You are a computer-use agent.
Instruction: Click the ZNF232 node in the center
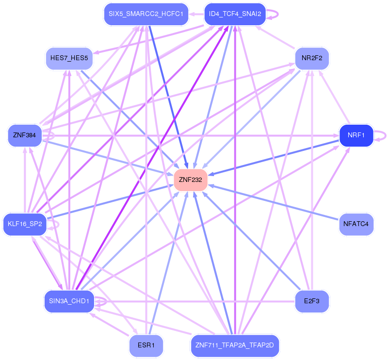[x=190, y=180]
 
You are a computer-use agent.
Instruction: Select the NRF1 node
[x=356, y=135]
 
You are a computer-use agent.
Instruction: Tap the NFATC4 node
[x=356, y=224]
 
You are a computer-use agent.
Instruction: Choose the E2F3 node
[x=312, y=301]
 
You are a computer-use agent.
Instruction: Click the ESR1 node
[x=146, y=345]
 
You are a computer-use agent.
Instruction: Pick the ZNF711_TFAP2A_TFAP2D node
[x=235, y=345]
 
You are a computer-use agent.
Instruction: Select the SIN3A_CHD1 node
[x=69, y=301]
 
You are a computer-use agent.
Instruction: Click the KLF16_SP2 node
[x=25, y=224]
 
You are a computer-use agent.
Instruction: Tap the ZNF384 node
[x=25, y=135]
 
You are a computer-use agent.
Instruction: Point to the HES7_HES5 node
[x=69, y=58]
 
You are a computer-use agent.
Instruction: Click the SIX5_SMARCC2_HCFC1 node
[x=146, y=14]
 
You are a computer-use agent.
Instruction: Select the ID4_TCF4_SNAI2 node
[x=235, y=14]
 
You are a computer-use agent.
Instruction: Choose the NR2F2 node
[x=312, y=58]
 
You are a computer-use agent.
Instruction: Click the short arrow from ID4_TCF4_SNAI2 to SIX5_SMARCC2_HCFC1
[x=196, y=14]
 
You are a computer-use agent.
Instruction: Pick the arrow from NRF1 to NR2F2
[x=334, y=97]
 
